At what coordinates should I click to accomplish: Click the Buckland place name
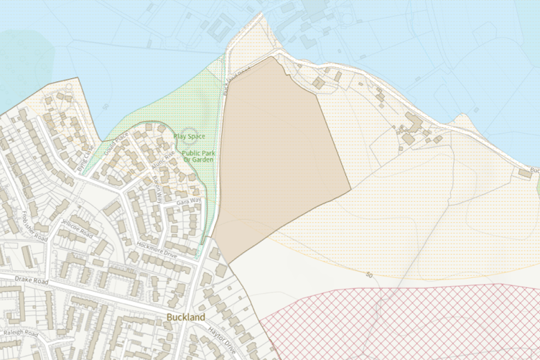coord(184,317)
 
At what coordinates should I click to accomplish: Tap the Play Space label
coord(189,137)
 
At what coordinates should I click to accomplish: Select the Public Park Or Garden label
coord(200,156)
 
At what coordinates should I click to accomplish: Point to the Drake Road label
coord(24,281)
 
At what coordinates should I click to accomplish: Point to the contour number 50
coord(369,275)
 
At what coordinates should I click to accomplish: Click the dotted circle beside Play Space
coord(177,135)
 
